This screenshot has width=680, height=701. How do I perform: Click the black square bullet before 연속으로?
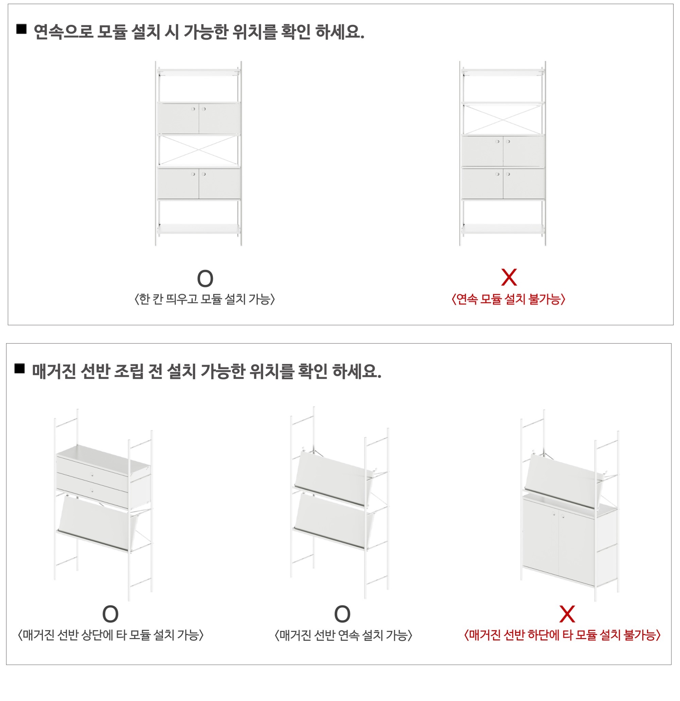[x=21, y=29]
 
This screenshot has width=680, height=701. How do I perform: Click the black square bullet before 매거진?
[x=20, y=368]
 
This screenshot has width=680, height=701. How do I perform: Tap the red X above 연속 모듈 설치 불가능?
[x=509, y=278]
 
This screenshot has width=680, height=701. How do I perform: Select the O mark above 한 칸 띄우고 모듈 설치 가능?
[x=205, y=279]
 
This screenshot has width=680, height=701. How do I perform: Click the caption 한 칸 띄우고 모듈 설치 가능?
[x=205, y=299]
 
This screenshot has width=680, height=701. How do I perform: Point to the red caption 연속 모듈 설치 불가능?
[x=508, y=299]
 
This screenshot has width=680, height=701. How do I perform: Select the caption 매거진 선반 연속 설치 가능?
[x=343, y=635]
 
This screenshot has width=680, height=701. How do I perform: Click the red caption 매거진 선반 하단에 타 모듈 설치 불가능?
[x=562, y=635]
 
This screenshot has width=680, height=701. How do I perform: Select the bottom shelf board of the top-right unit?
[x=503, y=229]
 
